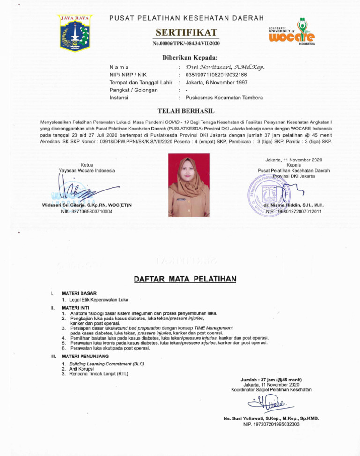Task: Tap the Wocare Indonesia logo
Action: coord(292,32)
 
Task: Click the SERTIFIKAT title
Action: coord(186,32)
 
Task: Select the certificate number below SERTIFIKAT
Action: coord(186,44)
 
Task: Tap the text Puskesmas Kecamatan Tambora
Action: coord(224,98)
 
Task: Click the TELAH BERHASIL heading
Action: coord(186,111)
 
